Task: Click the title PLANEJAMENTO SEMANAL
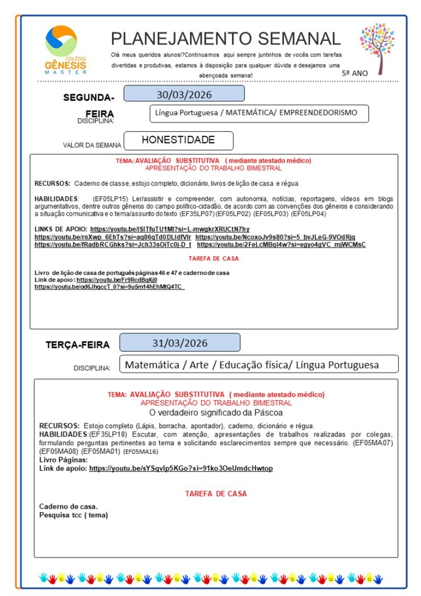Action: [226, 38]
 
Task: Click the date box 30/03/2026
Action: [184, 94]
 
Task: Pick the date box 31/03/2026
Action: [180, 343]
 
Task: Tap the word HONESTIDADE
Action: [178, 140]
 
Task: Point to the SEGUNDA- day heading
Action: [89, 97]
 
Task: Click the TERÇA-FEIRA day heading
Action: [78, 345]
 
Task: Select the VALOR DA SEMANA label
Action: [92, 145]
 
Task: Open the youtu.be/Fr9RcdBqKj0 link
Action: [117, 280]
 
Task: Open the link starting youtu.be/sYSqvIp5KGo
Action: [181, 468]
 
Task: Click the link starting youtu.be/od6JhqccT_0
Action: [109, 287]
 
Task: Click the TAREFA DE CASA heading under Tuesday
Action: [216, 493]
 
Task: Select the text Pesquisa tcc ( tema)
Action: [73, 515]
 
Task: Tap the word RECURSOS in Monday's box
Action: [52, 184]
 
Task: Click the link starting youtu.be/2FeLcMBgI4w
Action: [281, 245]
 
